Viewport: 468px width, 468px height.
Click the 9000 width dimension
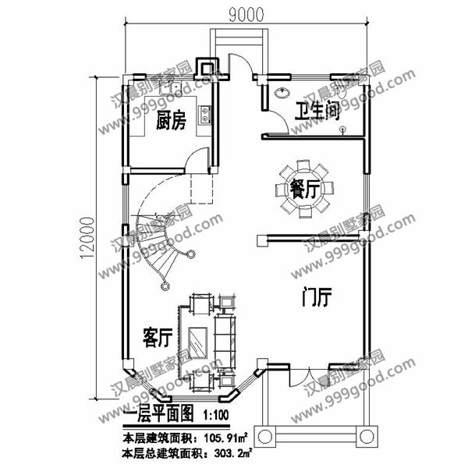click(x=246, y=15)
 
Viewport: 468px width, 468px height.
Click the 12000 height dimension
click(x=87, y=238)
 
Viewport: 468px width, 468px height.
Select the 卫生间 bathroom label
click(x=317, y=112)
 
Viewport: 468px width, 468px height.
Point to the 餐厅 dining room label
click(x=305, y=189)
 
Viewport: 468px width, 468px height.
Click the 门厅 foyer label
click(x=317, y=297)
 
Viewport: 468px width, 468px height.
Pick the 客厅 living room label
click(x=158, y=338)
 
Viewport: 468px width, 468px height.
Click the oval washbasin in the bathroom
click(x=282, y=93)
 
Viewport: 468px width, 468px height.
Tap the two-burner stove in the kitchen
click(x=204, y=115)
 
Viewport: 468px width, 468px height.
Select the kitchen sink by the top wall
click(x=169, y=88)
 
